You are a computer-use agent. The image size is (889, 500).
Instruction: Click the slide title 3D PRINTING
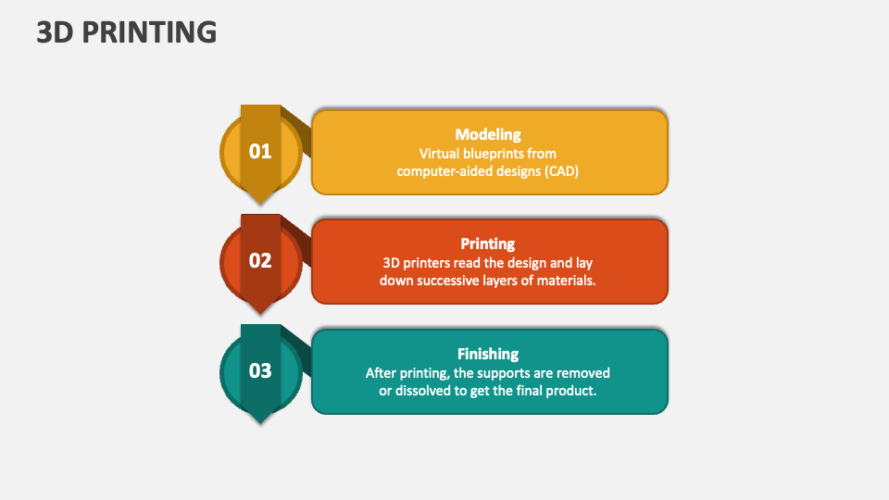(127, 32)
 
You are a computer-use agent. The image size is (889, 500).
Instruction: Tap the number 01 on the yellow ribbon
(260, 151)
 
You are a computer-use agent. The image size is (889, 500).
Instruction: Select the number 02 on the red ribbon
(260, 260)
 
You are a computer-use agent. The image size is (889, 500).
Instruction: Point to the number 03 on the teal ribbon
(260, 370)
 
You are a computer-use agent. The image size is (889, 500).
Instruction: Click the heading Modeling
(488, 134)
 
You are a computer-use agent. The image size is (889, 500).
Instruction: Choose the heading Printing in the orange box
(488, 244)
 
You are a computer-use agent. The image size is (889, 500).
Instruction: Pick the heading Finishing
(488, 354)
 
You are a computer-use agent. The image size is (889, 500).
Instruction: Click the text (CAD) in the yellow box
(558, 170)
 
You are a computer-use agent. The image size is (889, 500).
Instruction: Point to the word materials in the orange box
(565, 280)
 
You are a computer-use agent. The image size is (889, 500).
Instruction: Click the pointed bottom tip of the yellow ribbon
(260, 202)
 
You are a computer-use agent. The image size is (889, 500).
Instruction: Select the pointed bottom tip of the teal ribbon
(260, 421)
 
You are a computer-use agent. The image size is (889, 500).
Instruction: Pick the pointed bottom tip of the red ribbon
(260, 312)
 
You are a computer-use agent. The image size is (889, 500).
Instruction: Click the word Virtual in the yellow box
(440, 153)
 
